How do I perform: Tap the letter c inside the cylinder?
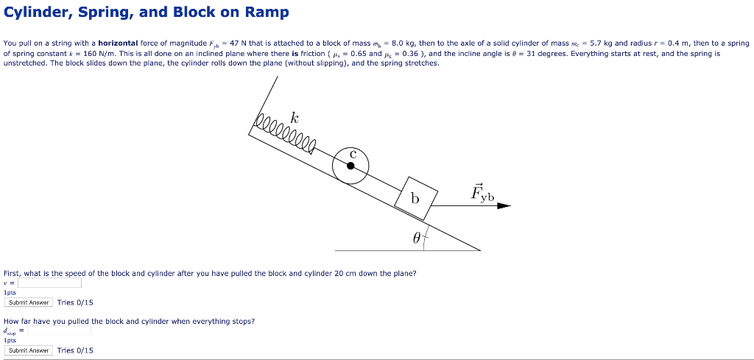(353, 154)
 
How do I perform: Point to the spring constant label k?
(295, 118)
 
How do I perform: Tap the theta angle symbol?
(417, 238)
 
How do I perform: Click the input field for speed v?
(49, 283)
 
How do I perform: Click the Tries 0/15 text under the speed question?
(75, 303)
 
